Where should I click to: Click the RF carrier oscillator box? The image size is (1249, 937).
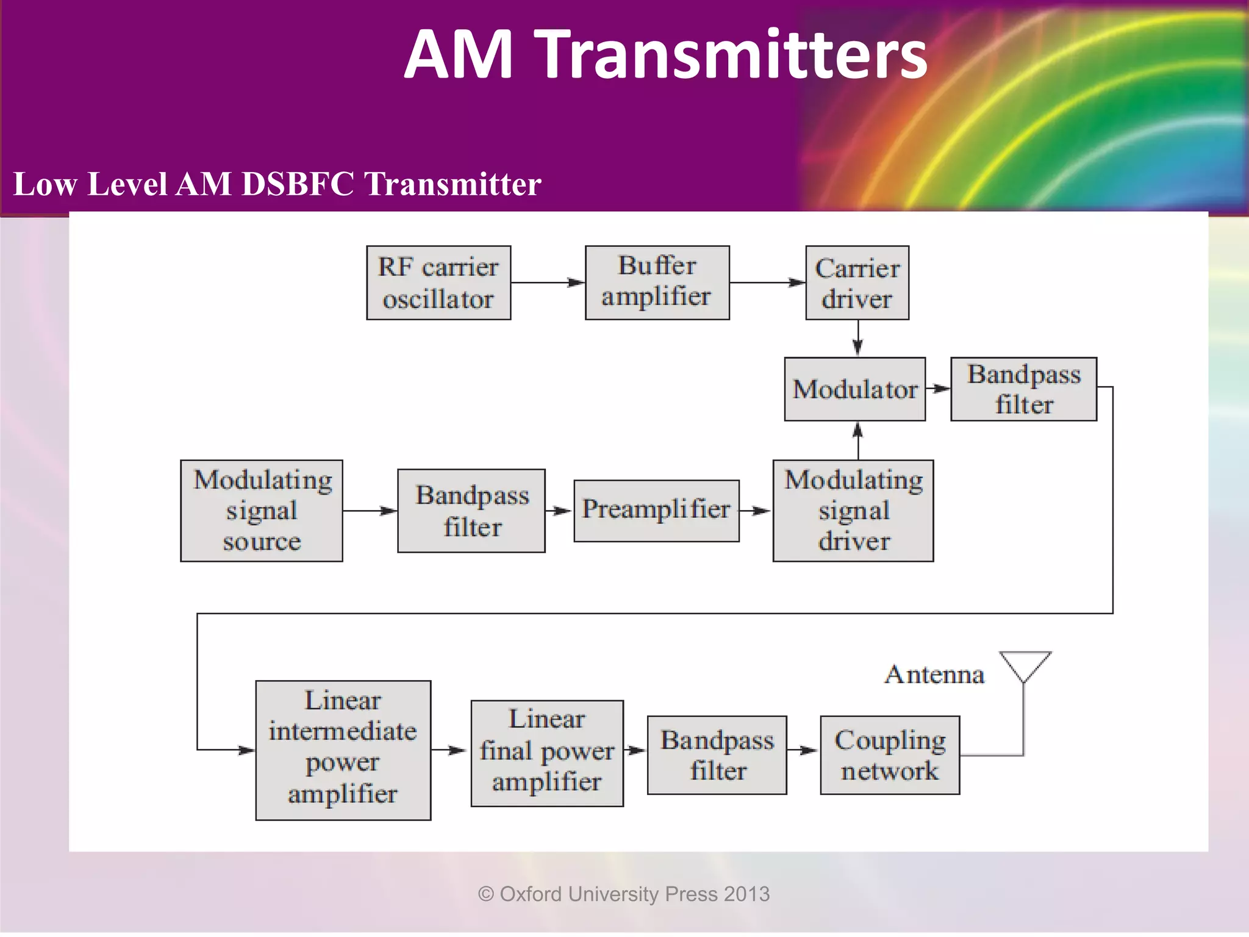[438, 283]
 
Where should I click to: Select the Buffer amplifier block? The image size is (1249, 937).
[657, 283]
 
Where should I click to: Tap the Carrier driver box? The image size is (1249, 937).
[857, 283]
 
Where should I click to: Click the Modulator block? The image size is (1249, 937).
[854, 389]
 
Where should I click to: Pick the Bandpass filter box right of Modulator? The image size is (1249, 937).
[1023, 389]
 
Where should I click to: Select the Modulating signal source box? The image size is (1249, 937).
[262, 511]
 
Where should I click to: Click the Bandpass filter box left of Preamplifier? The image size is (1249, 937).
[471, 511]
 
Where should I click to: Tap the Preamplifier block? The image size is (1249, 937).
[656, 511]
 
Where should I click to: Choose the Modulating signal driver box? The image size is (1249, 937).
[853, 511]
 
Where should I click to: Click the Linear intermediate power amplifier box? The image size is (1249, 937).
[343, 750]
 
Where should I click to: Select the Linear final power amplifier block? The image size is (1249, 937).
[547, 753]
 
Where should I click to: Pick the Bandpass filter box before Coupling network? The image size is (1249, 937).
[717, 755]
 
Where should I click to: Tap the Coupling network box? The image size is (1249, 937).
[890, 755]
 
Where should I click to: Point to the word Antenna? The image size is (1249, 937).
[934, 675]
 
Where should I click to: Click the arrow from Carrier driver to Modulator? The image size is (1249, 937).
[857, 339]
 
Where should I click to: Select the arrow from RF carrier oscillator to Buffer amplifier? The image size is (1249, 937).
[547, 282]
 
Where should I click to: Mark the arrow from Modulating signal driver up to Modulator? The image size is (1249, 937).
[857, 440]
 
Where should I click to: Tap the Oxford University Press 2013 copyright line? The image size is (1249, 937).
[624, 894]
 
